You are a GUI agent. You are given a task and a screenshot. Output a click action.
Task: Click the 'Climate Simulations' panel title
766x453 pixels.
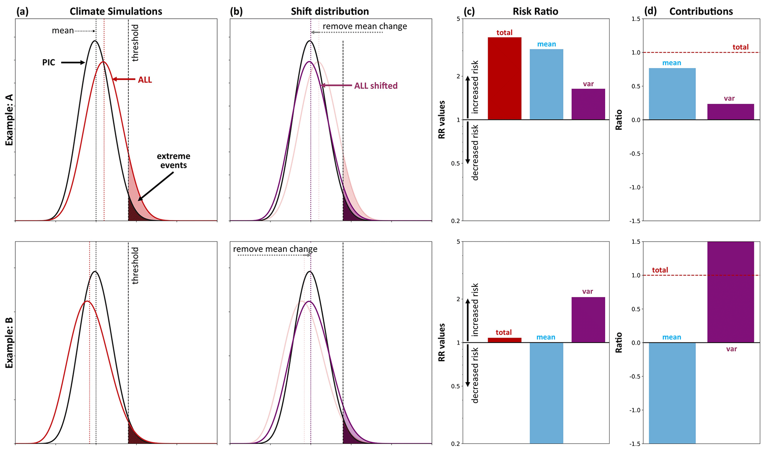coord(116,12)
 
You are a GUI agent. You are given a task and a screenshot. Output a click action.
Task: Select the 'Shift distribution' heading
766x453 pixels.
coord(330,12)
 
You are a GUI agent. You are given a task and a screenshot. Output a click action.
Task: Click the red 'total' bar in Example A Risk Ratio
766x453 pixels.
coord(504,78)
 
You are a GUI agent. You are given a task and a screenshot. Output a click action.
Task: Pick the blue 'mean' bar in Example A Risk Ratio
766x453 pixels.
coord(546,84)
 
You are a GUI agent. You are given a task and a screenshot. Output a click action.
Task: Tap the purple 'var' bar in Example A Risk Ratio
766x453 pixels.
coord(588,104)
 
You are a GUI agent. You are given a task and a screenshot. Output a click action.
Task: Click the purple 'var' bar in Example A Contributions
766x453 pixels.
coord(730,112)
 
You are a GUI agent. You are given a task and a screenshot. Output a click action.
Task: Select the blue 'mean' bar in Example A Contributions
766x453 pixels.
coord(672,94)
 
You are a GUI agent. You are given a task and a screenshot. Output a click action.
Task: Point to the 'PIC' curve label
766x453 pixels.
coord(49,62)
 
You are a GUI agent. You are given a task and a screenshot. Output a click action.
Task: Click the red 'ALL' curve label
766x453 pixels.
coord(145,80)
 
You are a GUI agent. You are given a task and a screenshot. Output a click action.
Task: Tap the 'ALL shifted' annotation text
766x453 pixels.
coord(376,86)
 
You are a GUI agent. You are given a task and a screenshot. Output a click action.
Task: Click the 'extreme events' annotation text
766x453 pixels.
coord(173,160)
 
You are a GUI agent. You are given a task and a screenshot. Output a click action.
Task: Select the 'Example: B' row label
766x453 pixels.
coord(10,342)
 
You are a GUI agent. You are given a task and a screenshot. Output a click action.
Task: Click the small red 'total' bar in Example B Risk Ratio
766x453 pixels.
coord(504,340)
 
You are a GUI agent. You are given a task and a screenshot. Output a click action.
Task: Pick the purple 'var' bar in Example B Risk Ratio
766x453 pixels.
coord(588,320)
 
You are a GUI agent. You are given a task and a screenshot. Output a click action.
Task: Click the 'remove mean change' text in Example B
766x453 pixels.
coord(275,249)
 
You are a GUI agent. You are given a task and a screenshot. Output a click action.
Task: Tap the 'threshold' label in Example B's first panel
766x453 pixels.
coord(135,266)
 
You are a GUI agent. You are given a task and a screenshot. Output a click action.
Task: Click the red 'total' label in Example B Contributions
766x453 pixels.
coord(660,270)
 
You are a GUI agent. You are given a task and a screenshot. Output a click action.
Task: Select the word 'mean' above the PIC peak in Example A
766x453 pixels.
coord(63,30)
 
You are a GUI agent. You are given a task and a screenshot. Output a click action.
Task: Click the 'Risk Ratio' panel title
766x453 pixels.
coord(535,12)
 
